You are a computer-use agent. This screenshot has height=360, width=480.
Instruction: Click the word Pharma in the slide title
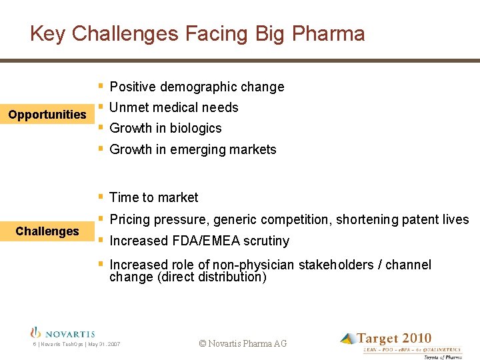329,34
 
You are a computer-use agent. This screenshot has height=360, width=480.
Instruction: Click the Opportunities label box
47,115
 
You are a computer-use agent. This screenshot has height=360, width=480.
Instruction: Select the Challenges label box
47,231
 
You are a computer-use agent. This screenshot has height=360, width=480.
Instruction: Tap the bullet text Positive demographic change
197,87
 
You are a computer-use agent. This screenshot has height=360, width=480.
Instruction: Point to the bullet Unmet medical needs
173,107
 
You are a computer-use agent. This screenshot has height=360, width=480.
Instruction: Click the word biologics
195,128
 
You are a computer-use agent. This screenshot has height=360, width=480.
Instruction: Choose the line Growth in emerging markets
193,149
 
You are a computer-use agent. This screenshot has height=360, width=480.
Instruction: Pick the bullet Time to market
153,197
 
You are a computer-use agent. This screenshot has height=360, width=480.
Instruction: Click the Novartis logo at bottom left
63,333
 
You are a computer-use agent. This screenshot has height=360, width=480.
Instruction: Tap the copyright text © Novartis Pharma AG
243,343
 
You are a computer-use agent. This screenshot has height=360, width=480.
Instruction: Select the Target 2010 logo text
393,339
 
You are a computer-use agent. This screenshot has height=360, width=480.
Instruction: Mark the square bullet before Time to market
100,197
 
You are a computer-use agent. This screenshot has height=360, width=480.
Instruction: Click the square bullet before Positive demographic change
100,86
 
